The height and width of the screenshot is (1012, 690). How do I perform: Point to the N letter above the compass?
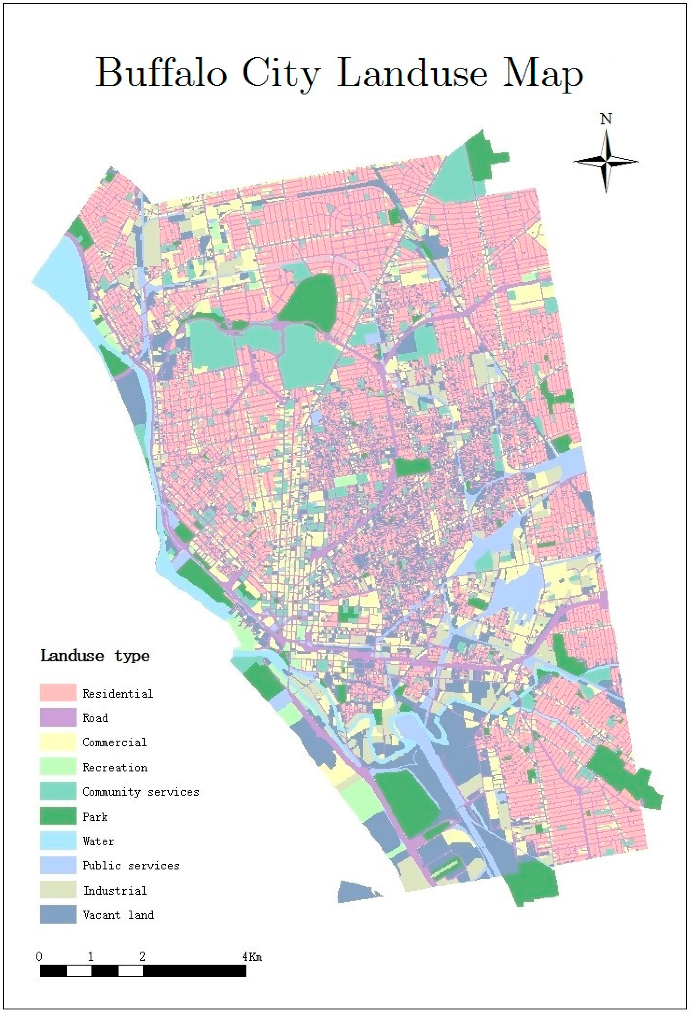[x=606, y=119]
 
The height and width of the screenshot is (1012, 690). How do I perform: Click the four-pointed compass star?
[x=606, y=161]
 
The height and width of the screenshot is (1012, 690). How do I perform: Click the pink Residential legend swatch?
[x=58, y=693]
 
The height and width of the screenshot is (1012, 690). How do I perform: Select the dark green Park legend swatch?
[x=58, y=816]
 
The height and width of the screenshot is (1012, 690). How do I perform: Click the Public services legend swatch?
[x=58, y=866]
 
